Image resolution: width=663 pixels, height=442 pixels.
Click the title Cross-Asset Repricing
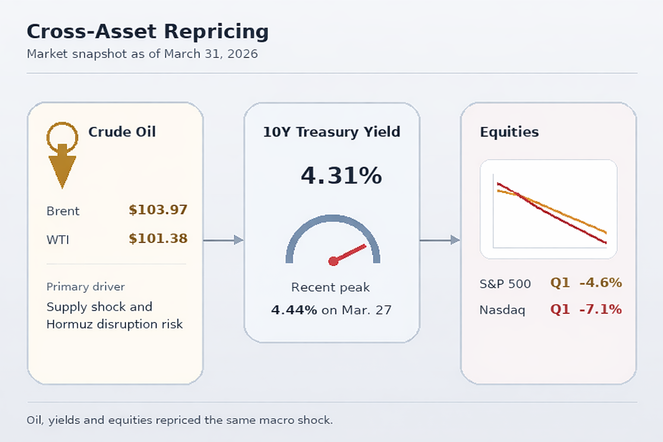click(148, 32)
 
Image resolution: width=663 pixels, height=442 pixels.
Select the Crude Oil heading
click(122, 132)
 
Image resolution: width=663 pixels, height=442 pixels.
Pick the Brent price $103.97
click(158, 210)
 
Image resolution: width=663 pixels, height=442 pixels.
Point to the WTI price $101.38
click(158, 238)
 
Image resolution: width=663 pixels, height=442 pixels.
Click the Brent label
click(63, 211)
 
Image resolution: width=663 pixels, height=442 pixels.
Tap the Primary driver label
click(85, 287)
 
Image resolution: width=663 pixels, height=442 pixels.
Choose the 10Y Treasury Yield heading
click(331, 132)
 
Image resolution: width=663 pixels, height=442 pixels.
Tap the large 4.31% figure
click(341, 176)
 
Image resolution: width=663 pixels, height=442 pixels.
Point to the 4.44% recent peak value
click(294, 310)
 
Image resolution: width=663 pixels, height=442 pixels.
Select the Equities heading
click(509, 132)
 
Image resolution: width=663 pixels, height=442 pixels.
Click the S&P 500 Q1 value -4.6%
click(600, 283)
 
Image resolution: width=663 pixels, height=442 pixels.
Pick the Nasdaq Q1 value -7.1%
click(600, 309)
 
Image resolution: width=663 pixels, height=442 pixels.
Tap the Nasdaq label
click(502, 310)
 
